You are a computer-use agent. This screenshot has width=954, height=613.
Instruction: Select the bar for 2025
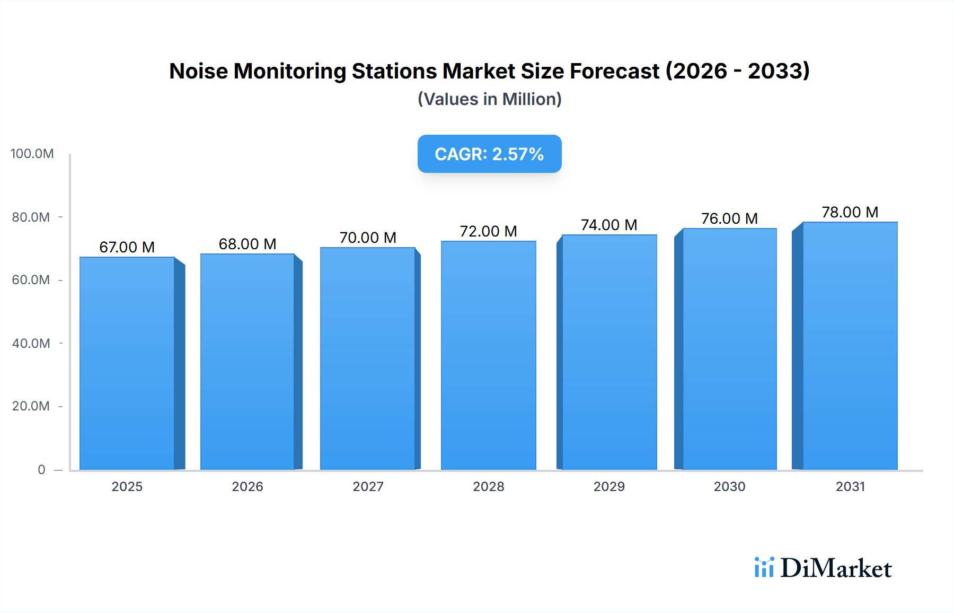tap(127, 364)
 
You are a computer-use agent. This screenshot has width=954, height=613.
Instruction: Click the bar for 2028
tap(488, 355)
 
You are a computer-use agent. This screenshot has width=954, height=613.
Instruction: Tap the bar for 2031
tap(850, 346)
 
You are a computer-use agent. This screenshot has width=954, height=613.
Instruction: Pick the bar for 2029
tap(609, 352)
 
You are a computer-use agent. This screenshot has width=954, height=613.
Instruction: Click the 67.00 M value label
tap(127, 247)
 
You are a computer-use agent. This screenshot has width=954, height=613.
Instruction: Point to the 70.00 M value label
tap(368, 238)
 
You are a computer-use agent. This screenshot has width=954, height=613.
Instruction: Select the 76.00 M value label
tap(729, 218)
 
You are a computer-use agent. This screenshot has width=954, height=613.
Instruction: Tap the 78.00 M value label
tap(850, 212)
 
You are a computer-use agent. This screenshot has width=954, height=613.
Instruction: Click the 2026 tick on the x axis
tap(248, 486)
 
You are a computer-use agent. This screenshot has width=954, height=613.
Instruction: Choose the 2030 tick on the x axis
tap(729, 486)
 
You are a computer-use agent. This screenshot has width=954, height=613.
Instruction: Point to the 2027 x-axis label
tap(368, 486)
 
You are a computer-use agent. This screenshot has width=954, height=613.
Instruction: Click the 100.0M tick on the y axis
tap(32, 154)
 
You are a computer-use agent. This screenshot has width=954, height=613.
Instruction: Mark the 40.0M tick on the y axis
tap(31, 343)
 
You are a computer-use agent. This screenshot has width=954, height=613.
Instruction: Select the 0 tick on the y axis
tap(41, 469)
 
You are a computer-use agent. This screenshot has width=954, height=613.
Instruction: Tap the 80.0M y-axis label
tap(31, 217)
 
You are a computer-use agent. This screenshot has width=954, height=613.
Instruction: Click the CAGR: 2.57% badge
tap(489, 154)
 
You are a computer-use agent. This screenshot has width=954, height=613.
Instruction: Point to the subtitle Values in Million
tap(489, 99)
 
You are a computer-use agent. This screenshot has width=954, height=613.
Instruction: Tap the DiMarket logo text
tap(836, 568)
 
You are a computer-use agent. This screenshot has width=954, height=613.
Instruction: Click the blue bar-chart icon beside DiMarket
tap(764, 567)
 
